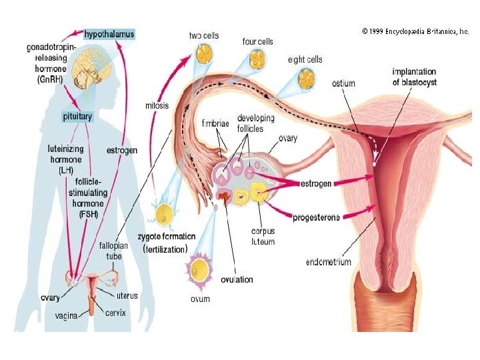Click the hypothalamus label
(109, 33)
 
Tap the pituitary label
(78, 116)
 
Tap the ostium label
(343, 83)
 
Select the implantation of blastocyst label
(414, 77)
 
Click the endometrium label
(328, 262)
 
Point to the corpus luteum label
(262, 236)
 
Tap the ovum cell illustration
(198, 271)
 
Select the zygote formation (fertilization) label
(167, 242)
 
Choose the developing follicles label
(254, 124)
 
